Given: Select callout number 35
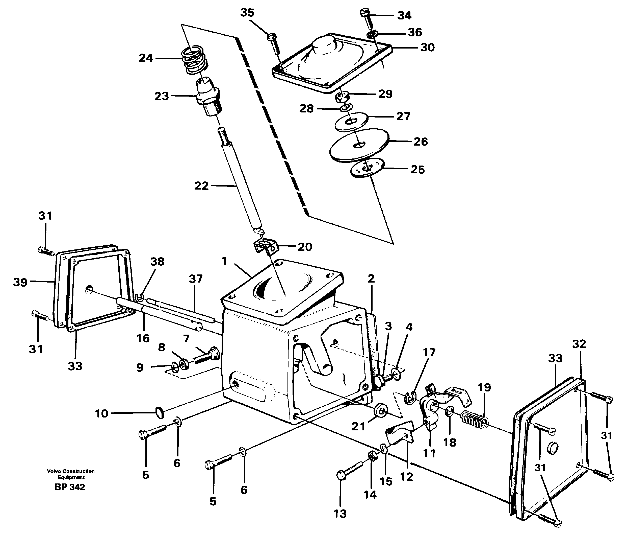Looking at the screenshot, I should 247,13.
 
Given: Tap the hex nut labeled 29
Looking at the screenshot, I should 343,97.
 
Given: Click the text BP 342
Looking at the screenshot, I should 70,487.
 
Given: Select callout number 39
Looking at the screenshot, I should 20,282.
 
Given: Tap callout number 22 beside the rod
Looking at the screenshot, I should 201,185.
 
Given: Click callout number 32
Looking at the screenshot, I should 579,344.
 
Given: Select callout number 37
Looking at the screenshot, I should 196,278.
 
